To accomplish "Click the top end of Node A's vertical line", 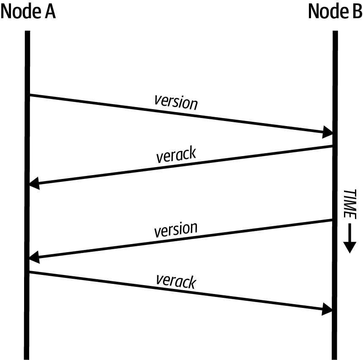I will click(27, 32).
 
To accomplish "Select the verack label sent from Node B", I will click(176, 155).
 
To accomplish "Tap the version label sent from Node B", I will click(176, 229).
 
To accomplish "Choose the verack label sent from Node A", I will click(176, 281).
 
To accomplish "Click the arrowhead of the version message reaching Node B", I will click(328, 132).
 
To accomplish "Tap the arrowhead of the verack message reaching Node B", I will click(328, 309).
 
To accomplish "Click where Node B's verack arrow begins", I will click(333, 146).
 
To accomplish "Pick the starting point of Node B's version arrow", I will click(333, 220).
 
